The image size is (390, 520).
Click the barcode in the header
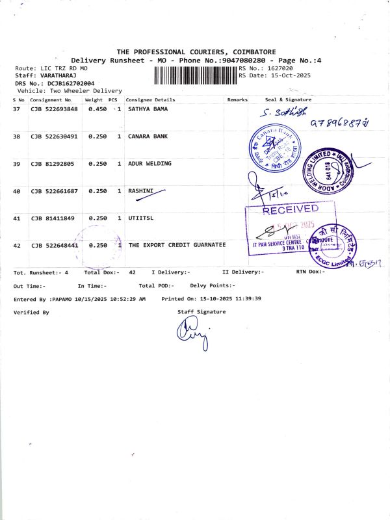click(x=196, y=76)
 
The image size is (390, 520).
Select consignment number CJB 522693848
click(x=54, y=109)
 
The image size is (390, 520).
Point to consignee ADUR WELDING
click(x=149, y=164)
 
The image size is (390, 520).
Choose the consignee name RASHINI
click(x=141, y=191)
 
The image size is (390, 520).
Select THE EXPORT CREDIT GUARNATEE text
click(x=177, y=245)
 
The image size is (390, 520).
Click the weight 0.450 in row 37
click(x=97, y=109)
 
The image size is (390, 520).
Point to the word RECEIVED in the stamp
click(x=290, y=209)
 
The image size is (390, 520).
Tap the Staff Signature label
click(x=201, y=312)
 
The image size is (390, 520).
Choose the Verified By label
click(x=31, y=313)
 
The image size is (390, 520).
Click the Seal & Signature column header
click(x=288, y=99)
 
